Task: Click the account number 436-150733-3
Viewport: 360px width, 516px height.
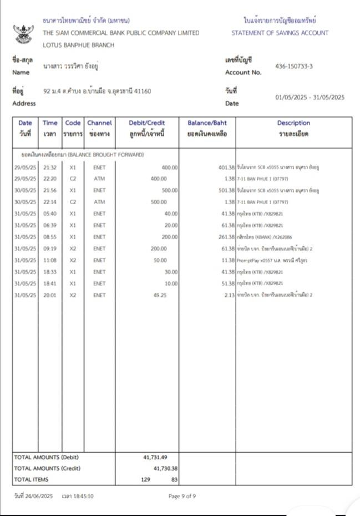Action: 294,67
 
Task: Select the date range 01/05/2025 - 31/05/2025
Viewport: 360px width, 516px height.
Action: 310,97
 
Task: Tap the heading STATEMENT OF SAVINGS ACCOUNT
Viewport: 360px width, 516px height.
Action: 280,33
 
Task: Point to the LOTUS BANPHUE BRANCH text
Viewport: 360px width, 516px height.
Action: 79,45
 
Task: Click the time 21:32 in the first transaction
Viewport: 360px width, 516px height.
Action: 50,167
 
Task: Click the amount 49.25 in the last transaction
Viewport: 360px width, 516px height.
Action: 160,295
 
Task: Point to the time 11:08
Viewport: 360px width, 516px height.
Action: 50,260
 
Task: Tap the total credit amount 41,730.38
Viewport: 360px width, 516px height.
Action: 165,468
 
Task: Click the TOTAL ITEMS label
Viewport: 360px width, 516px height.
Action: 31,478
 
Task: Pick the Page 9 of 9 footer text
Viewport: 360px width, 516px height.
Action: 182,496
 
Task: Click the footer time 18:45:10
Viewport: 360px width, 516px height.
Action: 78,496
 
